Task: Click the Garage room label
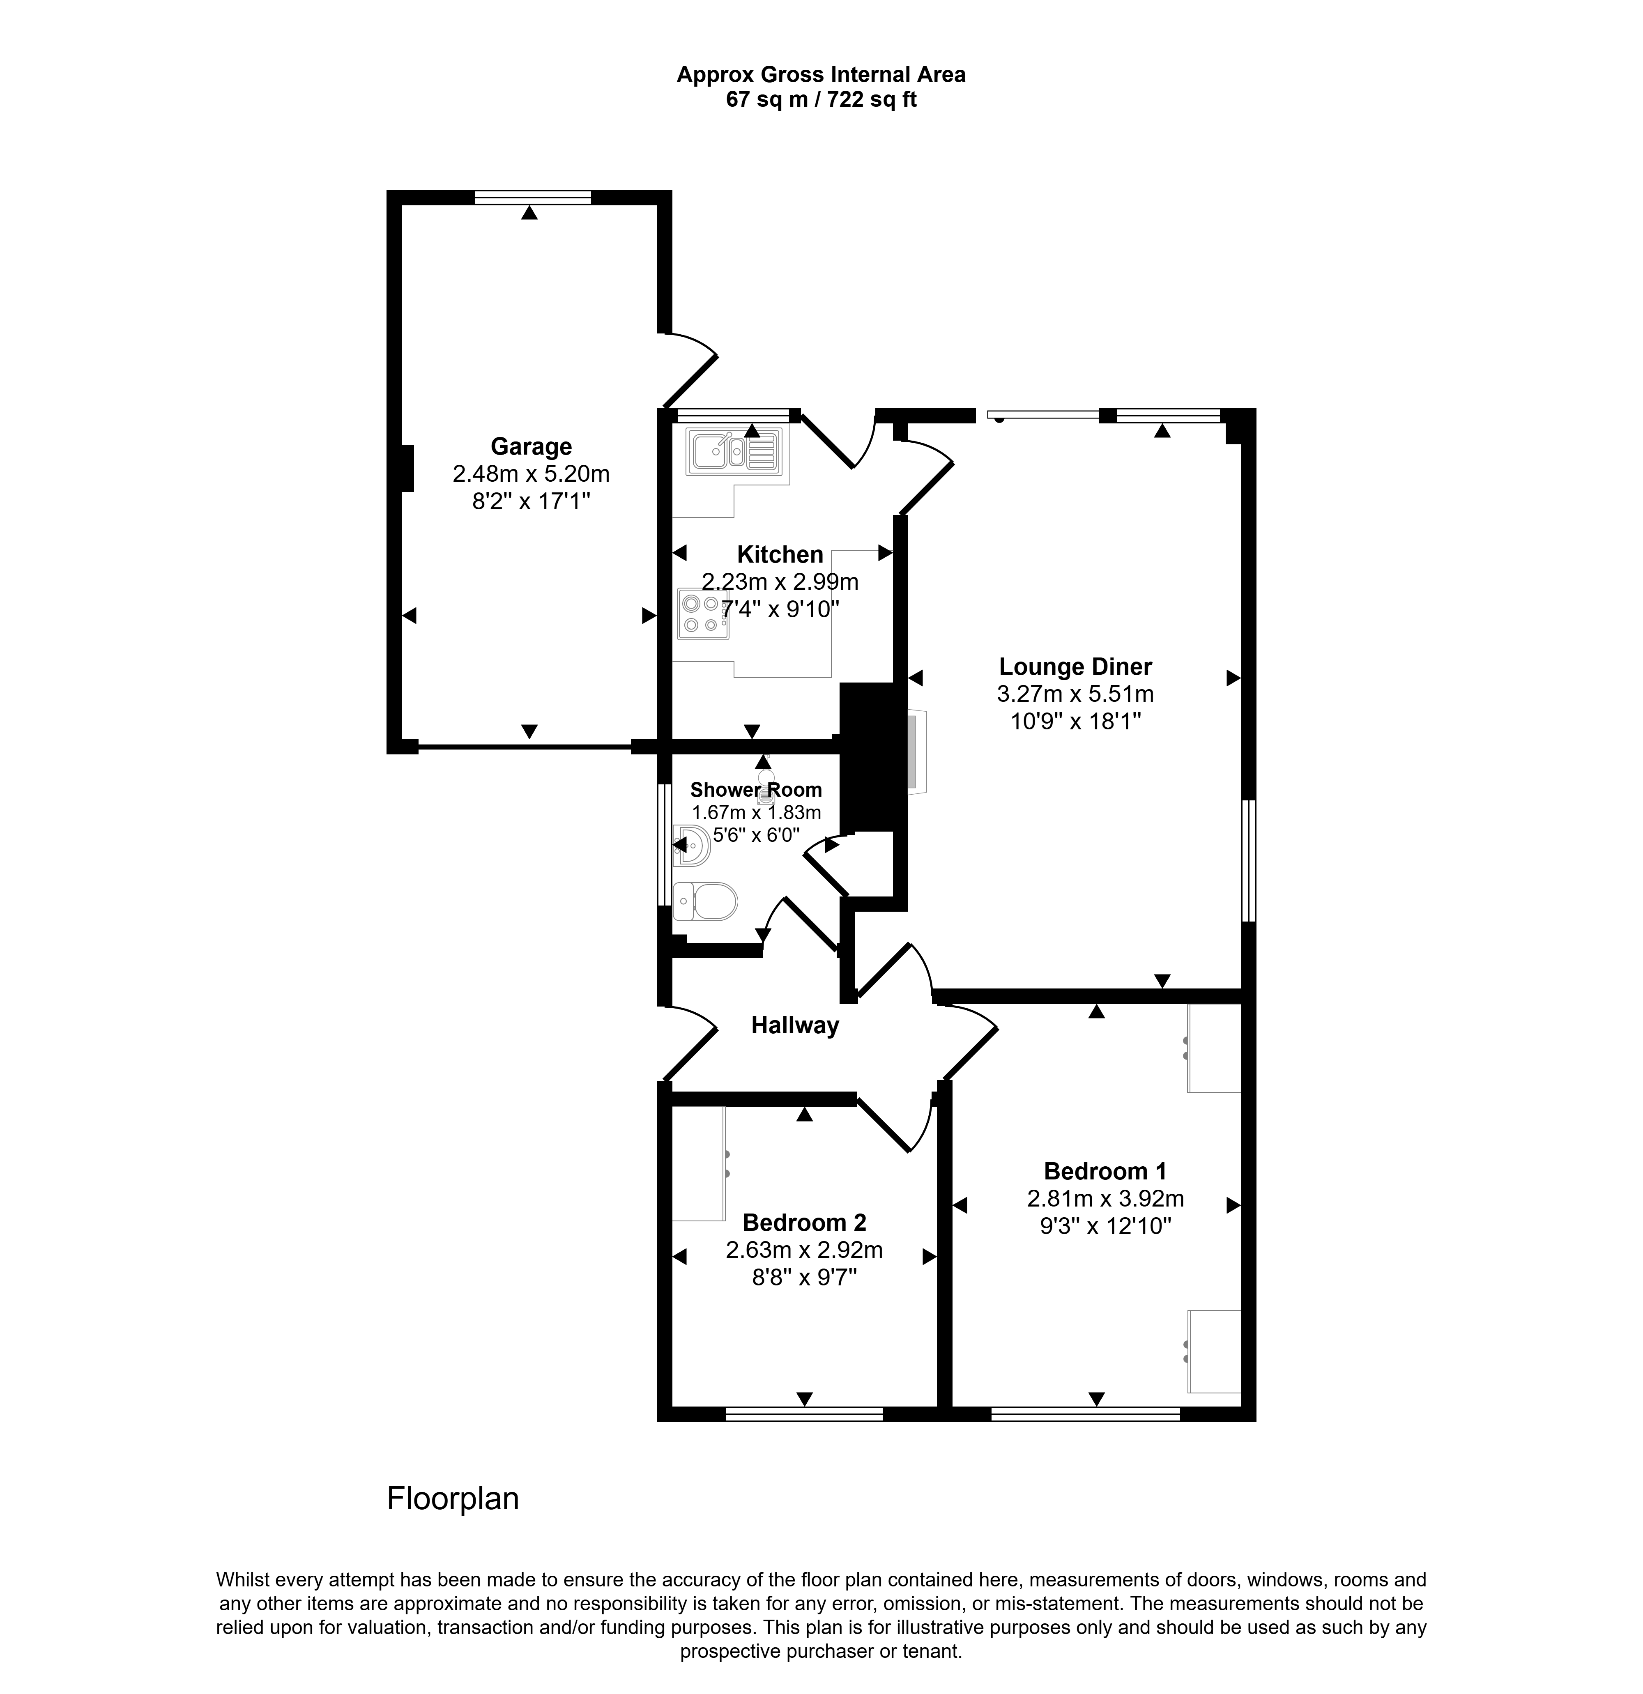click(531, 447)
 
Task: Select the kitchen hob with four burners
click(703, 614)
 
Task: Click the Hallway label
click(794, 1026)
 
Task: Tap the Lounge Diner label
click(1075, 667)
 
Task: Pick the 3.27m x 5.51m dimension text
click(1075, 694)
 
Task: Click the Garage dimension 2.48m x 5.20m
click(531, 474)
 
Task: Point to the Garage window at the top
click(532, 197)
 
